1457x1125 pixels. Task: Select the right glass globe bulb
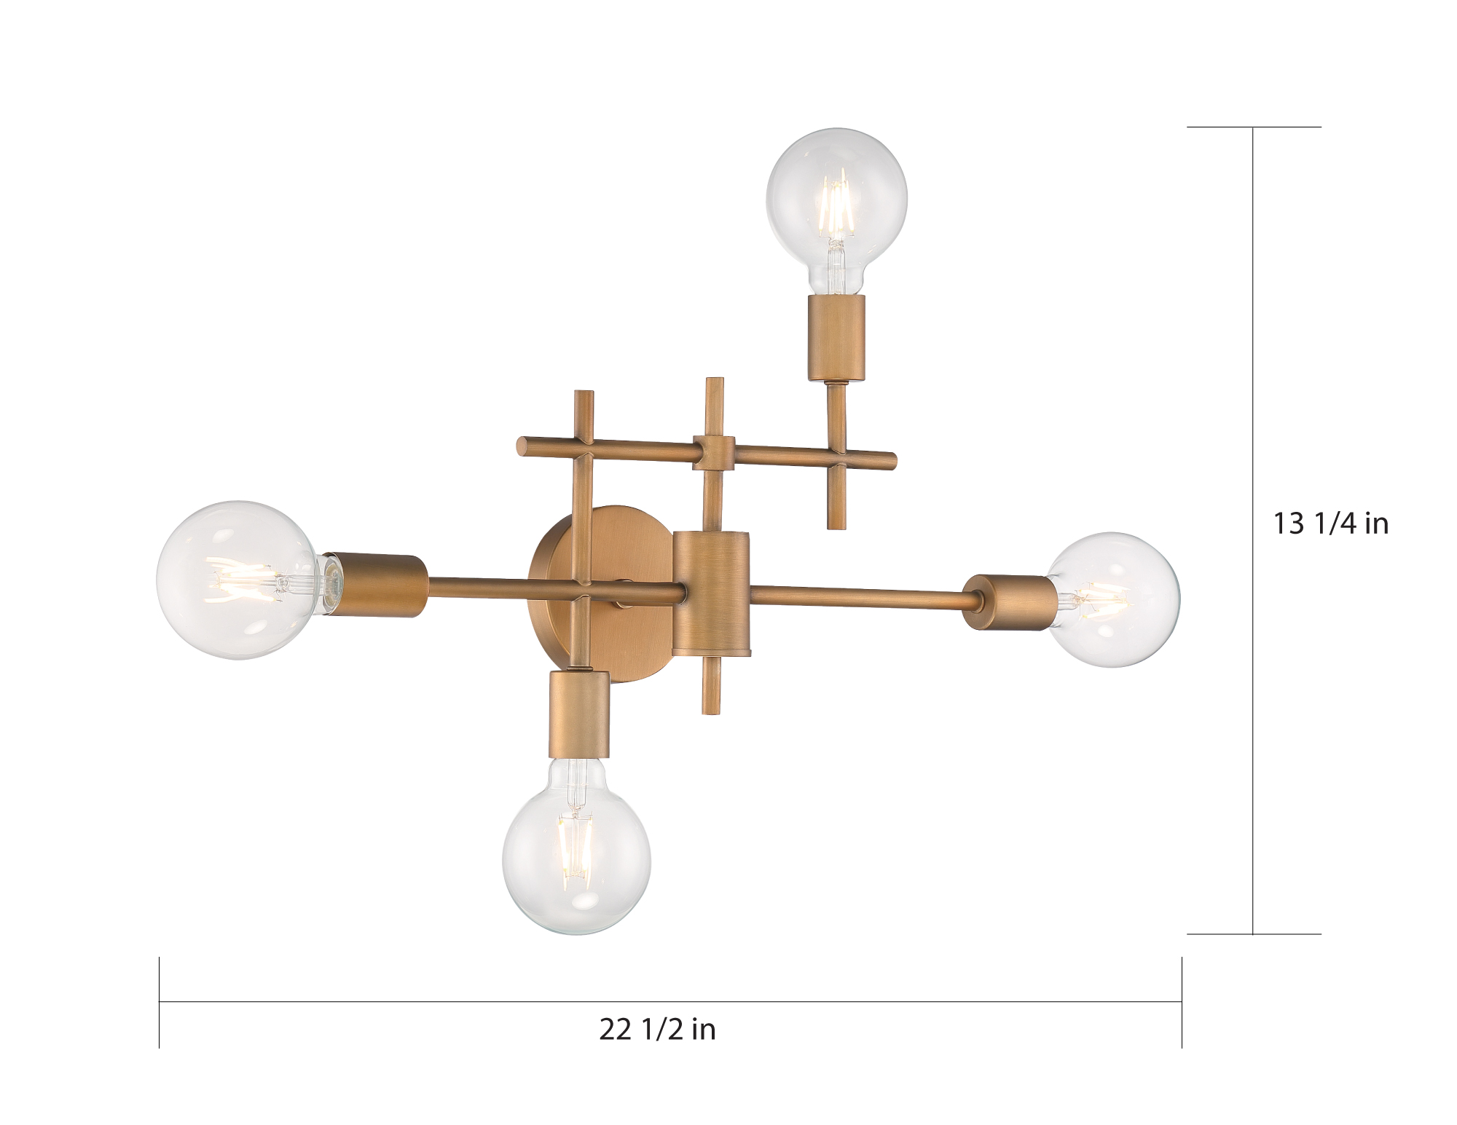tap(1113, 599)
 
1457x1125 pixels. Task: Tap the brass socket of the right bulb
tap(1006, 601)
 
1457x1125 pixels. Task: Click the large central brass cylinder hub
tap(711, 591)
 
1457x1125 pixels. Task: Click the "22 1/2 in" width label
tap(657, 1030)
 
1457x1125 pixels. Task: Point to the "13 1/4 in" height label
tap(1330, 524)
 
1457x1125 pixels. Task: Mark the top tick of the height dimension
tap(1253, 127)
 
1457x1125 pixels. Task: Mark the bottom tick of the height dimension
tap(1253, 933)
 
